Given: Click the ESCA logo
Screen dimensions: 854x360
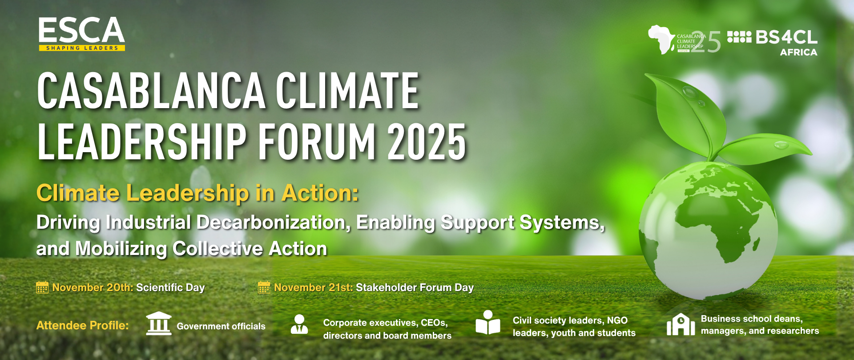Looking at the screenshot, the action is (x=82, y=34).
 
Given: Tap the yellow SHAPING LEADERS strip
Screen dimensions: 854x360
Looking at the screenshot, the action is (x=82, y=48).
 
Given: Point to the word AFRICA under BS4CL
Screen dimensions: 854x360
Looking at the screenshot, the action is (x=799, y=53).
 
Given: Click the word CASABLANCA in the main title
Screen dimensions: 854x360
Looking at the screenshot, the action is (x=152, y=91).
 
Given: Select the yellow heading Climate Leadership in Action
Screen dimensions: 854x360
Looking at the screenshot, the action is (x=197, y=193).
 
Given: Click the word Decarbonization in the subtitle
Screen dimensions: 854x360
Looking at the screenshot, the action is (x=274, y=222).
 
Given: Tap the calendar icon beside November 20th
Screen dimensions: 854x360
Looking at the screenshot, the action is (x=42, y=287).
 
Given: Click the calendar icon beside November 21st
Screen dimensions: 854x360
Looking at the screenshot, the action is (x=264, y=287).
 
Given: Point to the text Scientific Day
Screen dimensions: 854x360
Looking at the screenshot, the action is (x=170, y=287).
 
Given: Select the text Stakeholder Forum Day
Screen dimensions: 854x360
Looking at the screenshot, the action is (x=415, y=287).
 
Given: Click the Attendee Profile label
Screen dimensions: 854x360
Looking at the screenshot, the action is (x=83, y=325).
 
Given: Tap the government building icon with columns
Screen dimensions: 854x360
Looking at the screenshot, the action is (x=159, y=324).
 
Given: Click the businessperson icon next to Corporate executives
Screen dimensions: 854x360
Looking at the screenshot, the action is (x=299, y=324).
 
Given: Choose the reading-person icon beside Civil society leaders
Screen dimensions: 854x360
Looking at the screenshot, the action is (x=488, y=323).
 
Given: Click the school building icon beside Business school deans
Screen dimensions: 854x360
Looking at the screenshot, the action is (x=681, y=324).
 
